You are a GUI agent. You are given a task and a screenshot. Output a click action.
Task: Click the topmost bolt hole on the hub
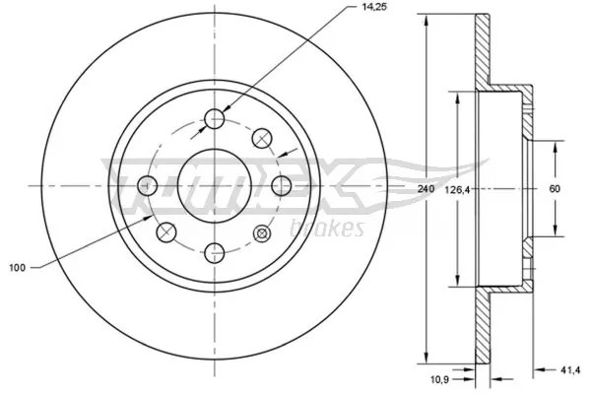pos(215,120)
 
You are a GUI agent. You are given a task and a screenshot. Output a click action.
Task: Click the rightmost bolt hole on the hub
pos(280,185)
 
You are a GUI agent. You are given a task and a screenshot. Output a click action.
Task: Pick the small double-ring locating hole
pos(262,232)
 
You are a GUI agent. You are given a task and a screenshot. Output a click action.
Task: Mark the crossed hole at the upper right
pos(262,138)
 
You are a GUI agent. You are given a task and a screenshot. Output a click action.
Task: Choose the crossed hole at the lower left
pos(167,232)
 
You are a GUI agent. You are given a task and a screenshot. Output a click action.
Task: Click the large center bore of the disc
pos(215,185)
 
